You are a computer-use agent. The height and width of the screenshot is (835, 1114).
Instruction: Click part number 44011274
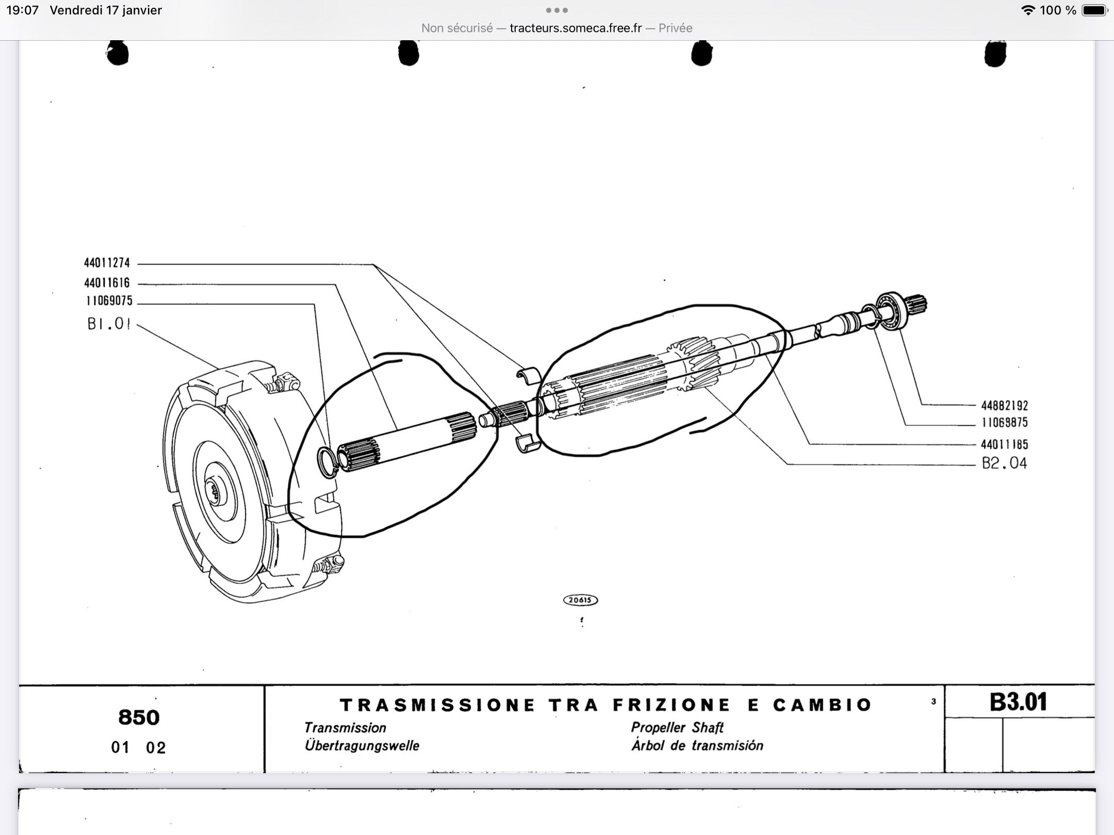coord(107,263)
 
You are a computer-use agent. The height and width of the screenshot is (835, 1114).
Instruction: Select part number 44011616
coord(107,283)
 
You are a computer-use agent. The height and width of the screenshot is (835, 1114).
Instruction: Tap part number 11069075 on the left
coord(109,300)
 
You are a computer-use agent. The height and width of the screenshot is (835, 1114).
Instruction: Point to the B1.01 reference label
coord(109,324)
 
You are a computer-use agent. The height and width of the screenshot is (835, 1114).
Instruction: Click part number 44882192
coord(1004,406)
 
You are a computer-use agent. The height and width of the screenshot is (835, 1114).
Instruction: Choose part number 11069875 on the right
coord(1004,423)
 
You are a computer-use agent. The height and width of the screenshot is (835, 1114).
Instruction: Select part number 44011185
coord(1004,444)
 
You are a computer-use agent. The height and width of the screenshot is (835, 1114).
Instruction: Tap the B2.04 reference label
coord(1004,463)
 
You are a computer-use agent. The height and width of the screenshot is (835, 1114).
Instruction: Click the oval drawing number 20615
coord(580,600)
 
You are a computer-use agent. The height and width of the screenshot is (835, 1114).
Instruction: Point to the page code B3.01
coord(1018,702)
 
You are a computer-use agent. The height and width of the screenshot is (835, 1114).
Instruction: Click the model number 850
coord(139,717)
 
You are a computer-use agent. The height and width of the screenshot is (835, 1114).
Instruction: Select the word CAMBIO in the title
coord(822,705)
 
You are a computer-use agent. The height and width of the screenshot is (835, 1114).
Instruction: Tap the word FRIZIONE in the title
coord(671,705)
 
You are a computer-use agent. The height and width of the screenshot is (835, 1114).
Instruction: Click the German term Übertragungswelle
coord(362,746)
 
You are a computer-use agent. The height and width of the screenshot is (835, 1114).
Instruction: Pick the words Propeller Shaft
coord(677,727)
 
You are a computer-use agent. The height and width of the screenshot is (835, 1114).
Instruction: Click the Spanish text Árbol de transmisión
coord(697,746)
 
